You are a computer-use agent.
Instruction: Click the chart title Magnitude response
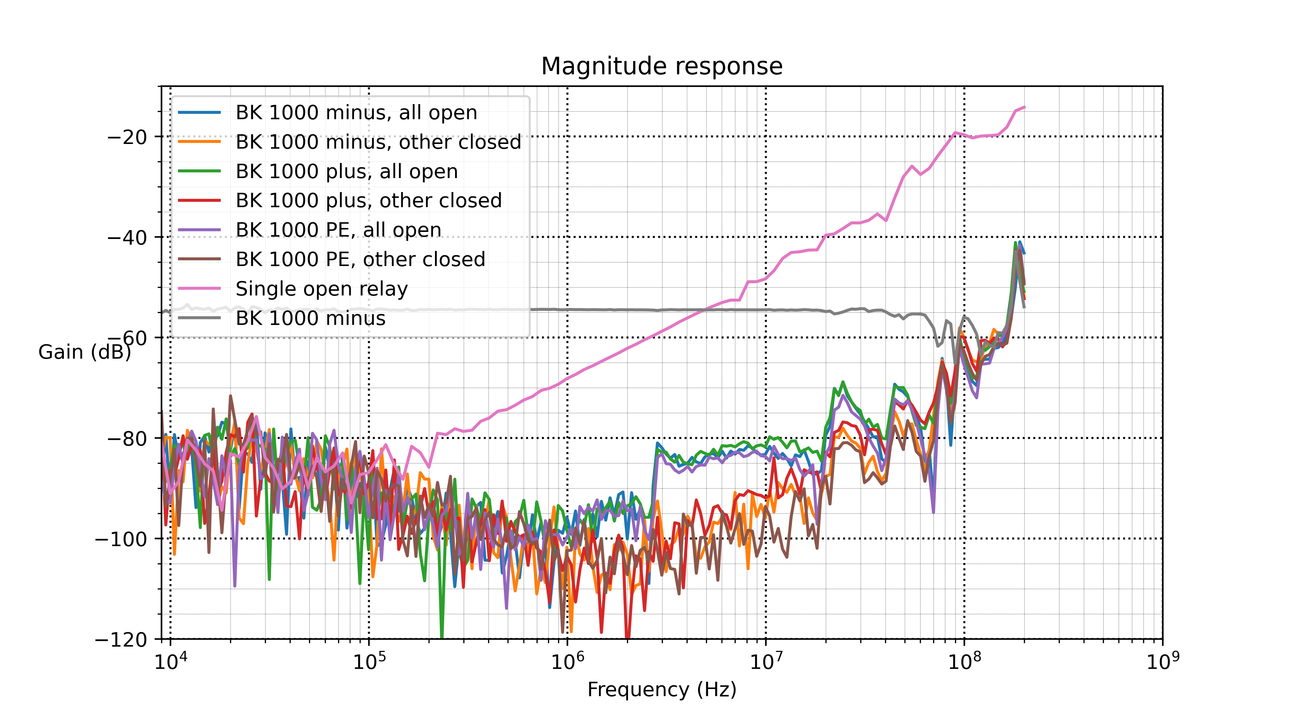[x=661, y=66]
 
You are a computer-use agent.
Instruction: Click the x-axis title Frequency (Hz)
[x=661, y=689]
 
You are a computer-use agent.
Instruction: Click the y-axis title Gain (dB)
[x=84, y=352]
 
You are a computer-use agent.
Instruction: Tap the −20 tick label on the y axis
[x=127, y=137]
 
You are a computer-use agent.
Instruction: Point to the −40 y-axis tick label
[x=127, y=237]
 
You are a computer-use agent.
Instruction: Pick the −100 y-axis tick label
[x=121, y=539]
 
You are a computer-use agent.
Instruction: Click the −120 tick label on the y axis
[x=121, y=640]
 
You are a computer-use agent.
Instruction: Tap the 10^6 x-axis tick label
[x=567, y=662]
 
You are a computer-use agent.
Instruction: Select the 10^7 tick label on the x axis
[x=766, y=662]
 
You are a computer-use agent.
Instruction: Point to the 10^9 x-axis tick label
[x=1162, y=662]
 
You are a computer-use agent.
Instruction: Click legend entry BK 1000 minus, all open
[x=356, y=113]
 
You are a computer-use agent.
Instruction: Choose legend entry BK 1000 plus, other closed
[x=369, y=201]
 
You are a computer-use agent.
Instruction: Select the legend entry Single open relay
[x=322, y=289]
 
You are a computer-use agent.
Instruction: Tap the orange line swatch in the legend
[x=200, y=142]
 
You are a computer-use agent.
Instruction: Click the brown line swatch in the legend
[x=200, y=260]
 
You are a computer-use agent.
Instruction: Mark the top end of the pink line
[x=1024, y=107]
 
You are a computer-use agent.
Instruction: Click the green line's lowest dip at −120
[x=442, y=637]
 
